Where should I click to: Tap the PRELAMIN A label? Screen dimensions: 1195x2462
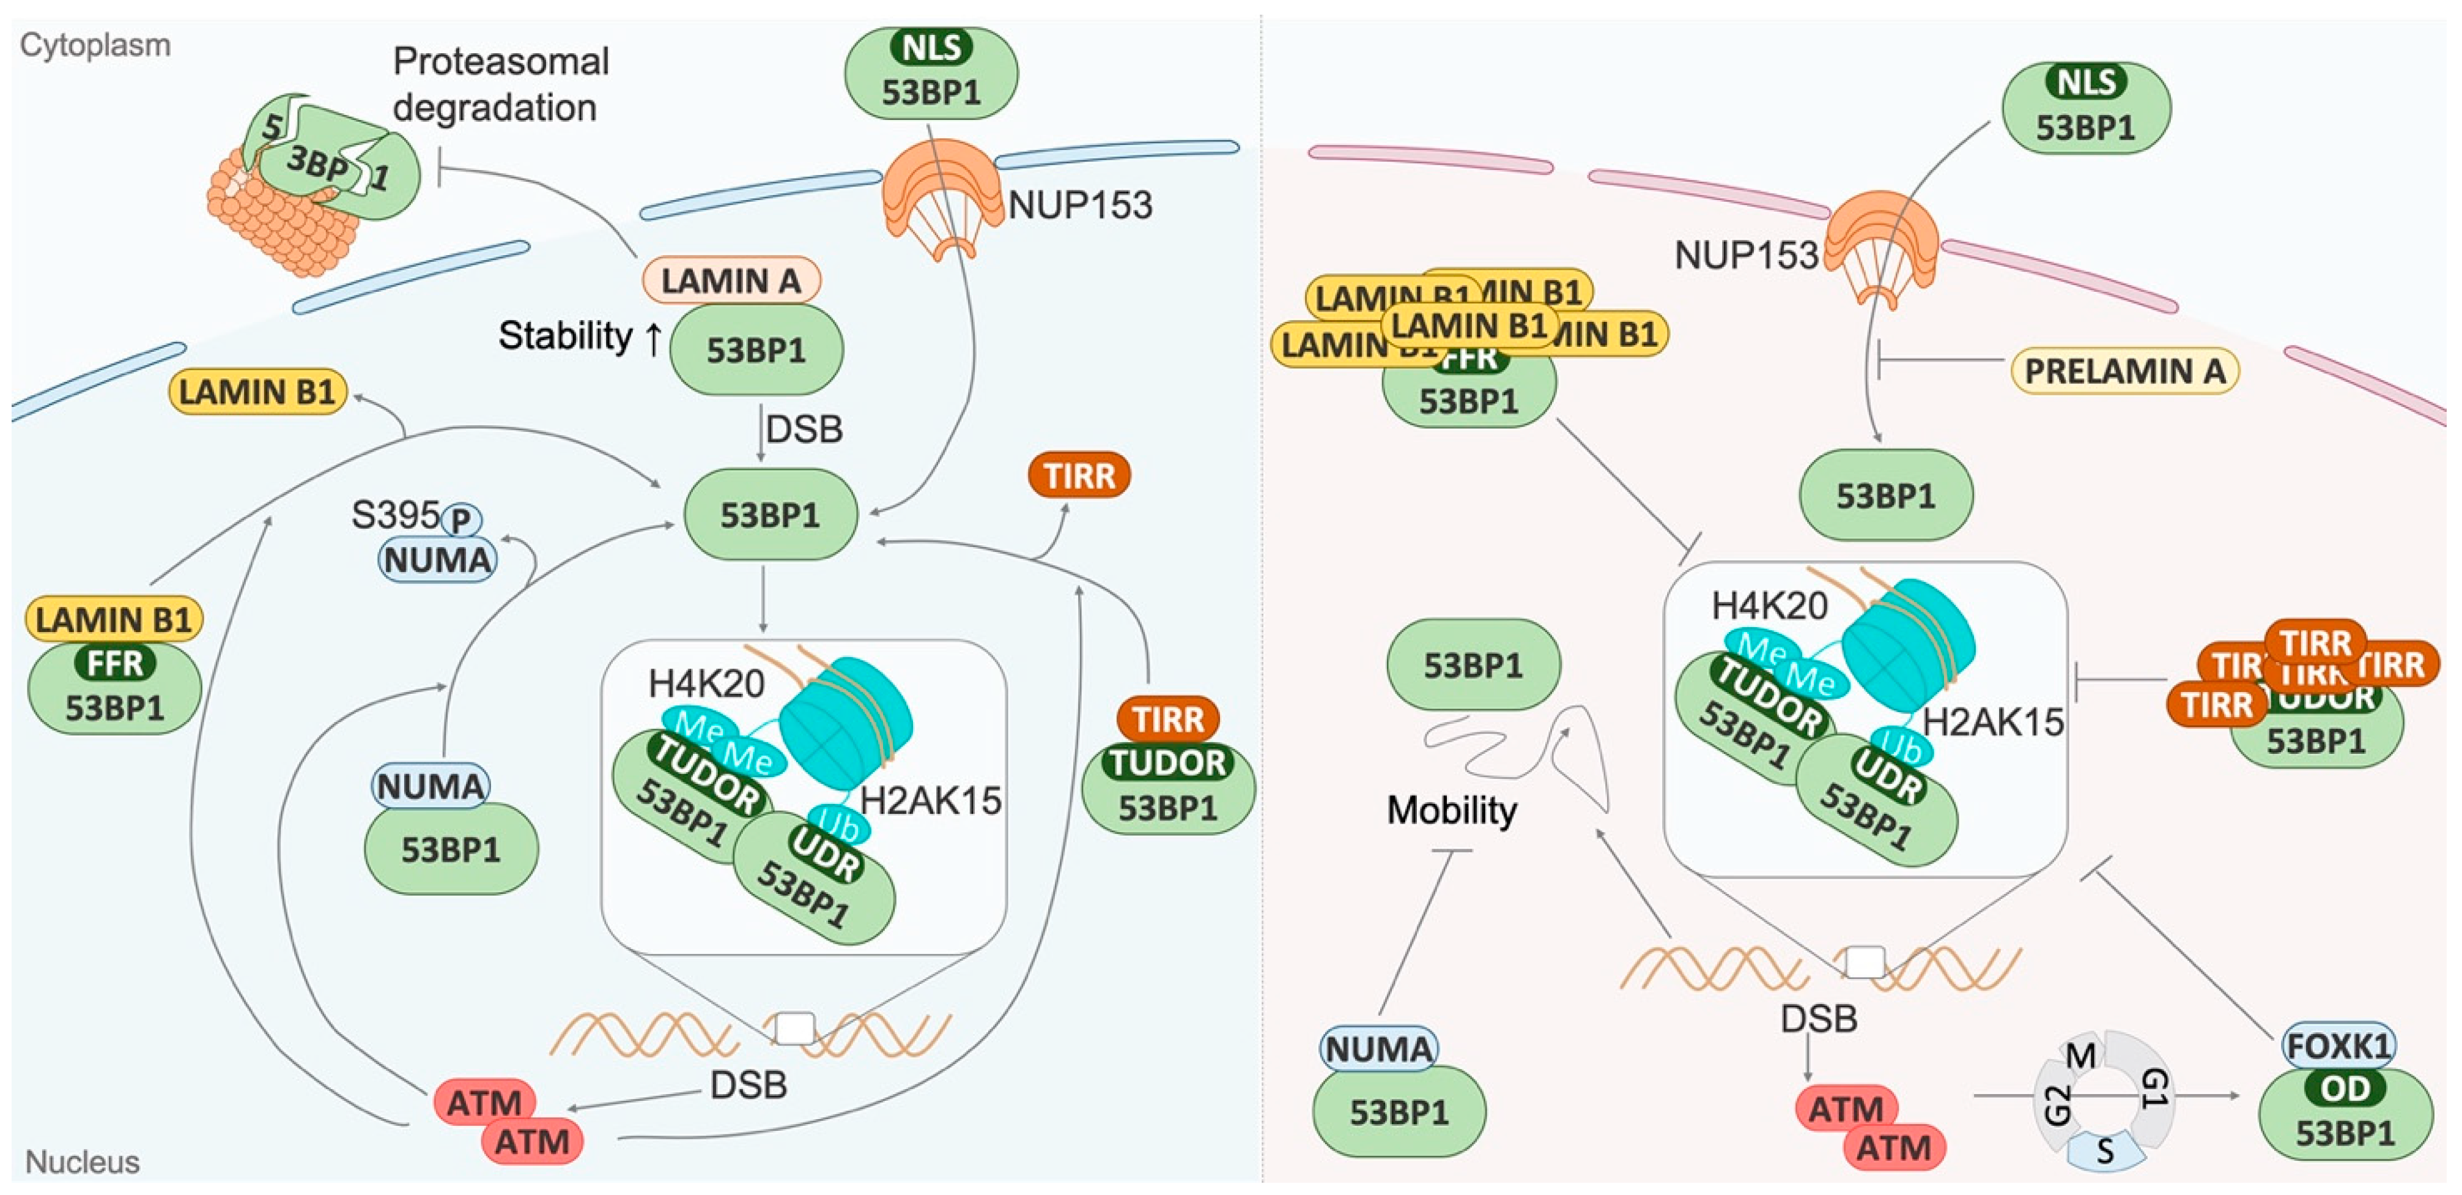pyautogui.click(x=2124, y=371)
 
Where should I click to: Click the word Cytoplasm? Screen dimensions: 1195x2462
pyautogui.click(x=95, y=45)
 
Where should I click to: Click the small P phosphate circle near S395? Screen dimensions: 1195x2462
pyautogui.click(x=460, y=520)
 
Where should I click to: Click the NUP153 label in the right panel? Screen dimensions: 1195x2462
pyautogui.click(x=1745, y=255)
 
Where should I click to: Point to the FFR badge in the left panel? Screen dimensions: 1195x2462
pyautogui.click(x=115, y=663)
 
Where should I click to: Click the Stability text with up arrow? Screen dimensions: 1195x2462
pyautogui.click(x=579, y=337)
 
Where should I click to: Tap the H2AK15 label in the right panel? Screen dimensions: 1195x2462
pyautogui.click(x=1993, y=722)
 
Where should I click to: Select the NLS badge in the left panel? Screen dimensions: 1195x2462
pyautogui.click(x=931, y=47)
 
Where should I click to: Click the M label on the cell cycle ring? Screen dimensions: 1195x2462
pyautogui.click(x=2080, y=1055)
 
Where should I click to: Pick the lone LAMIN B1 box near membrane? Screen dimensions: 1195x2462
pyautogui.click(x=256, y=392)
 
